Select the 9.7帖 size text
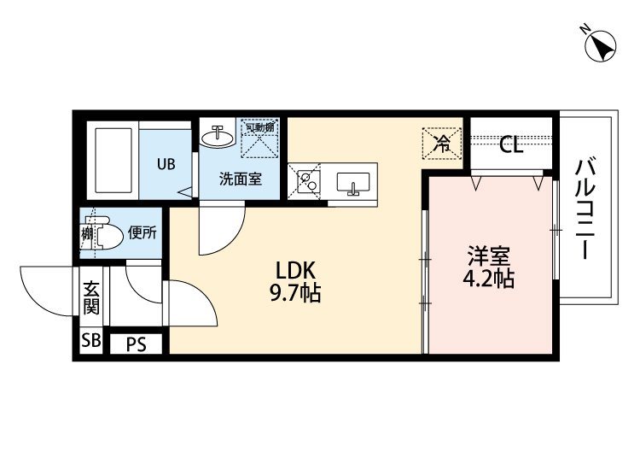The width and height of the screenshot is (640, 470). coord(295,295)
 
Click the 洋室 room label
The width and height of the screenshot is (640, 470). coord(489,256)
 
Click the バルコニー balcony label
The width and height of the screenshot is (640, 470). coord(585,209)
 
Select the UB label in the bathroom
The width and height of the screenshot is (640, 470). coord(166,163)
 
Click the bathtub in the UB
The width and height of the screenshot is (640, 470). coord(113,162)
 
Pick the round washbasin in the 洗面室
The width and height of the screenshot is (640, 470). coord(217,136)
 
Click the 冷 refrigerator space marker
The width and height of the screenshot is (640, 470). coord(443,142)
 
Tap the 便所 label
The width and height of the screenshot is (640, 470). coord(142,232)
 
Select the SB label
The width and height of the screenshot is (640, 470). coord(90,343)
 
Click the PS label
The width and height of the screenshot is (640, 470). coord(136,344)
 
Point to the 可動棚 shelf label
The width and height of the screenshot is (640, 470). coord(259,128)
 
